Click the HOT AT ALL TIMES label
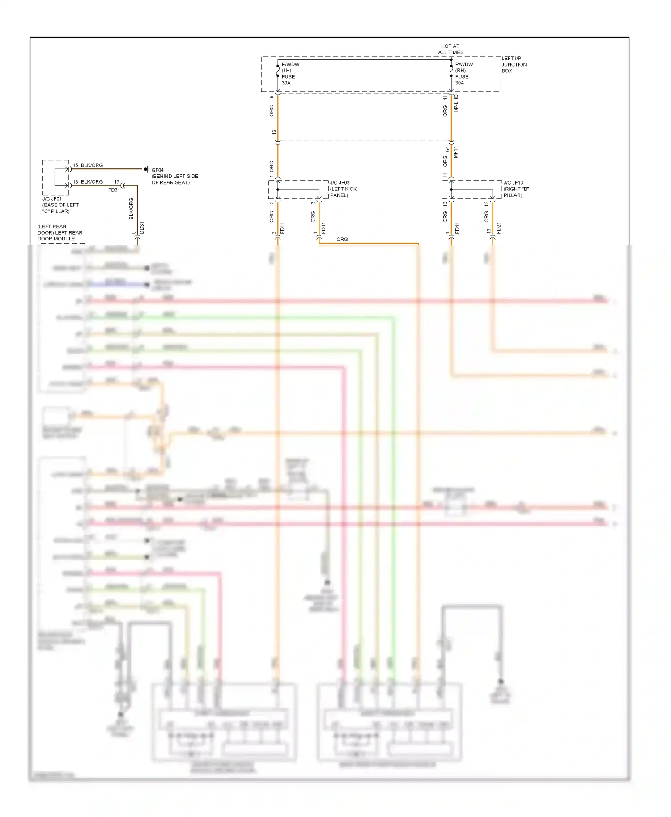450,49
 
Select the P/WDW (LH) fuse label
290,73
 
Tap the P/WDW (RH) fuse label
463,73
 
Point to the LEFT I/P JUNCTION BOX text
514,64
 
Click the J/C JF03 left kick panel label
343,189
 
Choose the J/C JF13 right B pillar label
516,189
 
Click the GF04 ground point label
157,170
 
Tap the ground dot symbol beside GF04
146,169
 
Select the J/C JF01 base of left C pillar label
60,205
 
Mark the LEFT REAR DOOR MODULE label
59,232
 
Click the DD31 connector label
142,227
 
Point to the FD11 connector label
282,228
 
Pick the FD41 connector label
457,228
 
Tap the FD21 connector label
498,228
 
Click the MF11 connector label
456,152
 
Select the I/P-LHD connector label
456,103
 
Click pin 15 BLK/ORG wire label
88,165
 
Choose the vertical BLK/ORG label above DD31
131,208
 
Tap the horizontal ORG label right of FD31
342,240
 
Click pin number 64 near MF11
447,149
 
